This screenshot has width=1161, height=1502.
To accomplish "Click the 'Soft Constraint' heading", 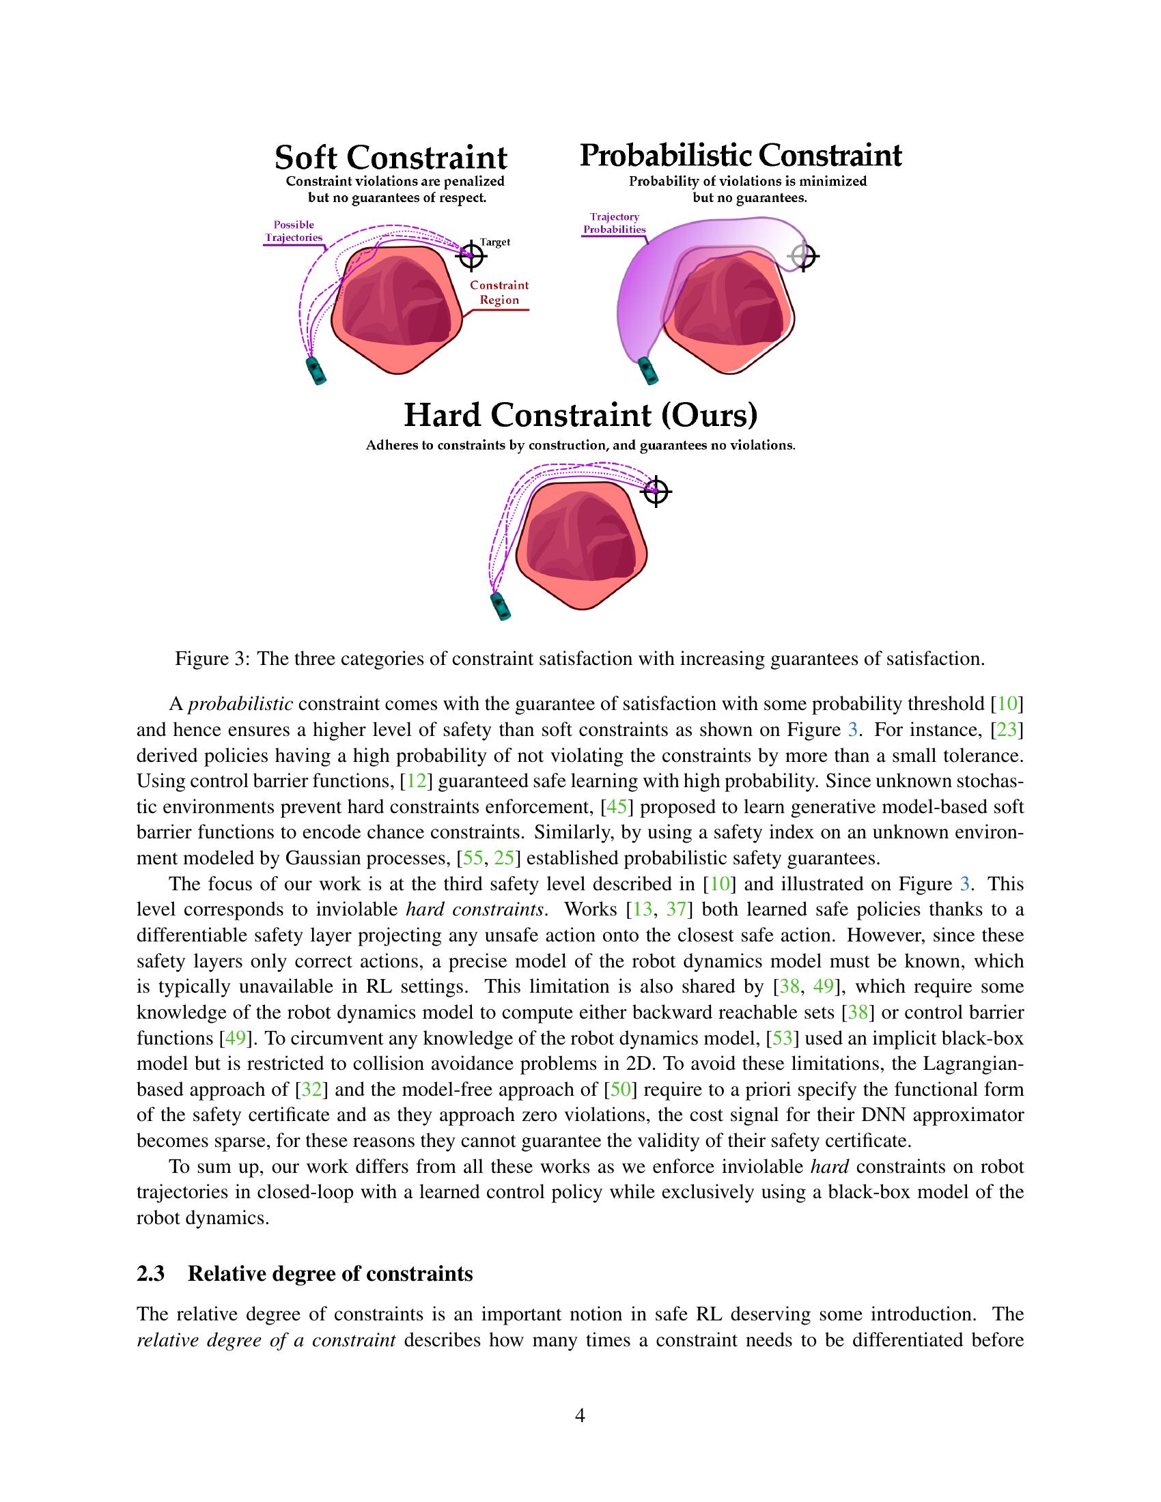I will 391,158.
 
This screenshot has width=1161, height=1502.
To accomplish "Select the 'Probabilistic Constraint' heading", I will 740,156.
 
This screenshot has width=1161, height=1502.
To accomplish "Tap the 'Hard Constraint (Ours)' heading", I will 580,414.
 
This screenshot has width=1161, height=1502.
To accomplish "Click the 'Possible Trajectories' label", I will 294,231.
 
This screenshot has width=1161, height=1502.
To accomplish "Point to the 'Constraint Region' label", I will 499,292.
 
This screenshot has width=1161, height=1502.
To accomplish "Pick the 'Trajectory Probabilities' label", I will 614,223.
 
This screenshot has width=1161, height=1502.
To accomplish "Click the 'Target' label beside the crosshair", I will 494,242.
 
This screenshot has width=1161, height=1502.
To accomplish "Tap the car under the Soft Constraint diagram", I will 316,371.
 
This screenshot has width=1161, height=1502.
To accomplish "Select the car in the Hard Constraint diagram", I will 500,606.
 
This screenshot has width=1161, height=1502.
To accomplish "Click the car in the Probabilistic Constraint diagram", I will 648,370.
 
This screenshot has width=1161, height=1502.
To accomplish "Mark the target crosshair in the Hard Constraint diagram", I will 657,491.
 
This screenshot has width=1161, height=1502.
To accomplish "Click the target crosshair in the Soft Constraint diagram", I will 472,256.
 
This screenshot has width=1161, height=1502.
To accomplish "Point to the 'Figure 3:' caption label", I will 212,659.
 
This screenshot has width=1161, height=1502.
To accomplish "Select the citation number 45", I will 615,807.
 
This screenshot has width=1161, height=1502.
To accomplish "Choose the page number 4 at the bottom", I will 580,1416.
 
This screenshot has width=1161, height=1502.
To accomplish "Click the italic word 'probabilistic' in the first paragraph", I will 240,705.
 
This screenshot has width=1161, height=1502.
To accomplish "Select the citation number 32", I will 309,1090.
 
